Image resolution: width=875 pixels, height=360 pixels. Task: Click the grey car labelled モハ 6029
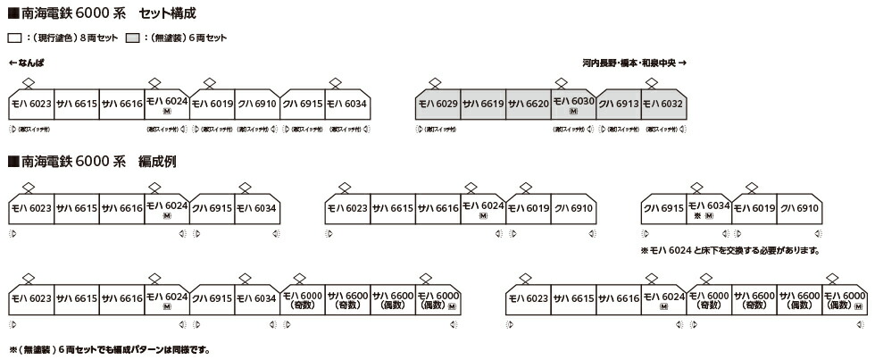pyautogui.click(x=438, y=105)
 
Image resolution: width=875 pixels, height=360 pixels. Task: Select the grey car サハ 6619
pyautogui.click(x=483, y=105)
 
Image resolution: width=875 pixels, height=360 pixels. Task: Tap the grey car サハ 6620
pyautogui.click(x=529, y=105)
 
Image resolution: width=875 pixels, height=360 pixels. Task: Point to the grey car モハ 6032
pyautogui.click(x=663, y=105)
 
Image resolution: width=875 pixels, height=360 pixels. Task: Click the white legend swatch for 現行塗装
pyautogui.click(x=13, y=39)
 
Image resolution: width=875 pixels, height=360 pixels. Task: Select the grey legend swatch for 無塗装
pyautogui.click(x=130, y=39)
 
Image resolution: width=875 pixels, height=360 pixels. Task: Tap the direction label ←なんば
pyautogui.click(x=26, y=63)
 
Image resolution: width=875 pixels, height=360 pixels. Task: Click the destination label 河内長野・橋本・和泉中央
pyautogui.click(x=629, y=63)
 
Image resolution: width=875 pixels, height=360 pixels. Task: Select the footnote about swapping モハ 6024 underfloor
pyautogui.click(x=729, y=251)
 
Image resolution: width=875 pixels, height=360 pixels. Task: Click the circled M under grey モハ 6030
pyautogui.click(x=573, y=113)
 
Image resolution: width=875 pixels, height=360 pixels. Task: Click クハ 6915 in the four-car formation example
pyautogui.click(x=663, y=208)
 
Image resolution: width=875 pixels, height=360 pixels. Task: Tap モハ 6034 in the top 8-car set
pyautogui.click(x=347, y=105)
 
